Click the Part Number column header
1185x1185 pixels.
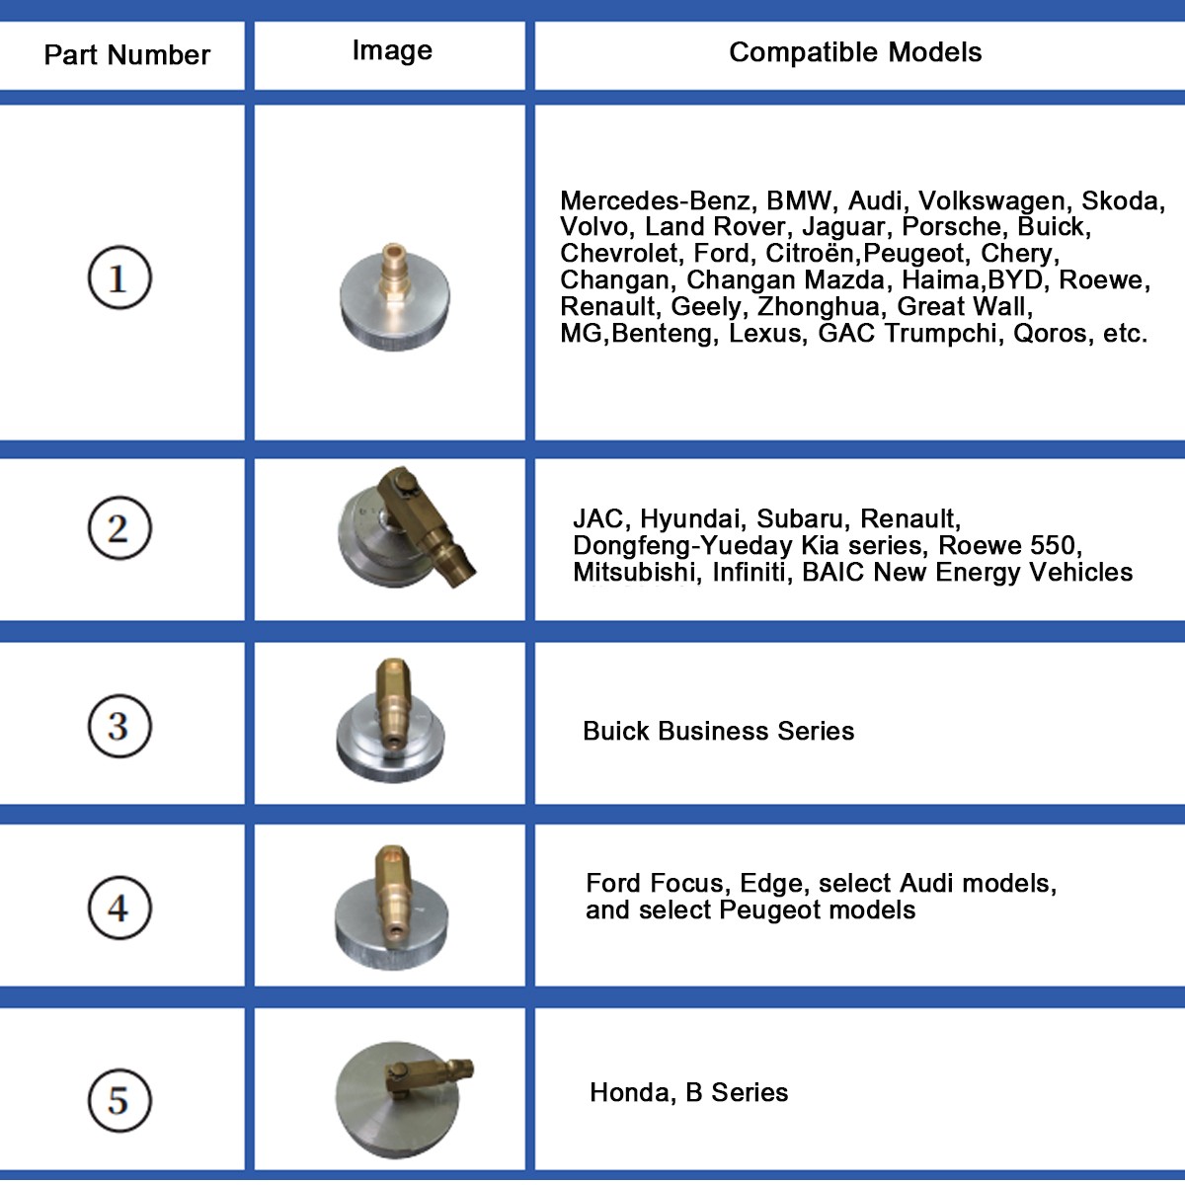coord(126,55)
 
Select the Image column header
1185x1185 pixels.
coord(392,51)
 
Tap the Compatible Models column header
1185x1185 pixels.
coord(855,52)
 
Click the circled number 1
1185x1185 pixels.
coord(119,277)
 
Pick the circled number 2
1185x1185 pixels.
coord(119,527)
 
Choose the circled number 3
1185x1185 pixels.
coord(119,726)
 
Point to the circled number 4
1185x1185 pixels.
coord(119,908)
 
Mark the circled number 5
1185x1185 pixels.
coord(119,1100)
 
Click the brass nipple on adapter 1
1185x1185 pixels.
coord(392,275)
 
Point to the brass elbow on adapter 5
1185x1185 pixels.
coord(430,1076)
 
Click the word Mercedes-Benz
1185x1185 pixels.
coord(655,200)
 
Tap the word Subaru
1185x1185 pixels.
coord(799,519)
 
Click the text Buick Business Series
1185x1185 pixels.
coord(718,731)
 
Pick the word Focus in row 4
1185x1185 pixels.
coord(690,883)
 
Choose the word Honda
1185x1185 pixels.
coord(629,1093)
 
